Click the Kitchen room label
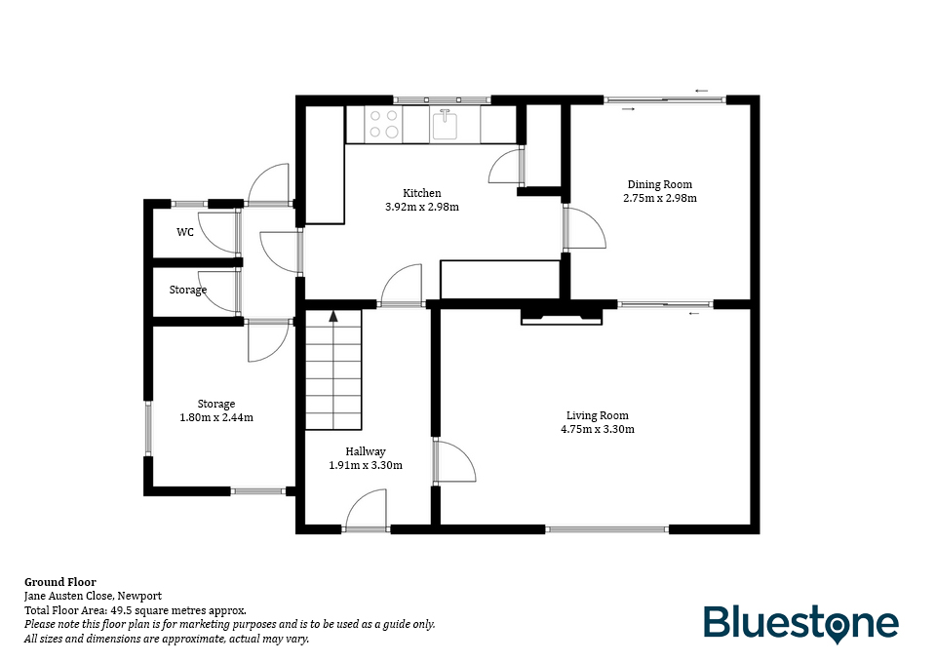(x=422, y=193)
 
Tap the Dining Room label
(x=660, y=184)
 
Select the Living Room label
(x=597, y=415)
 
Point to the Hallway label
(x=366, y=451)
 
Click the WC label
(x=185, y=232)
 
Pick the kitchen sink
(x=445, y=124)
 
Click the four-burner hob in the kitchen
(x=384, y=124)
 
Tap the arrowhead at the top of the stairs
(x=333, y=316)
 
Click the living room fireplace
(x=562, y=316)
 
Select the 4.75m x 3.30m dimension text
(x=598, y=429)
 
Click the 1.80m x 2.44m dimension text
(x=216, y=417)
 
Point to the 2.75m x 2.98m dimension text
(x=660, y=198)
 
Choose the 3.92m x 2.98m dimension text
(x=422, y=207)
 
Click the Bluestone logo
(x=800, y=624)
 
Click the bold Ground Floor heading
(x=60, y=582)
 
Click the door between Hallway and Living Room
(x=454, y=461)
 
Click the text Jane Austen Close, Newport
(x=94, y=596)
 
